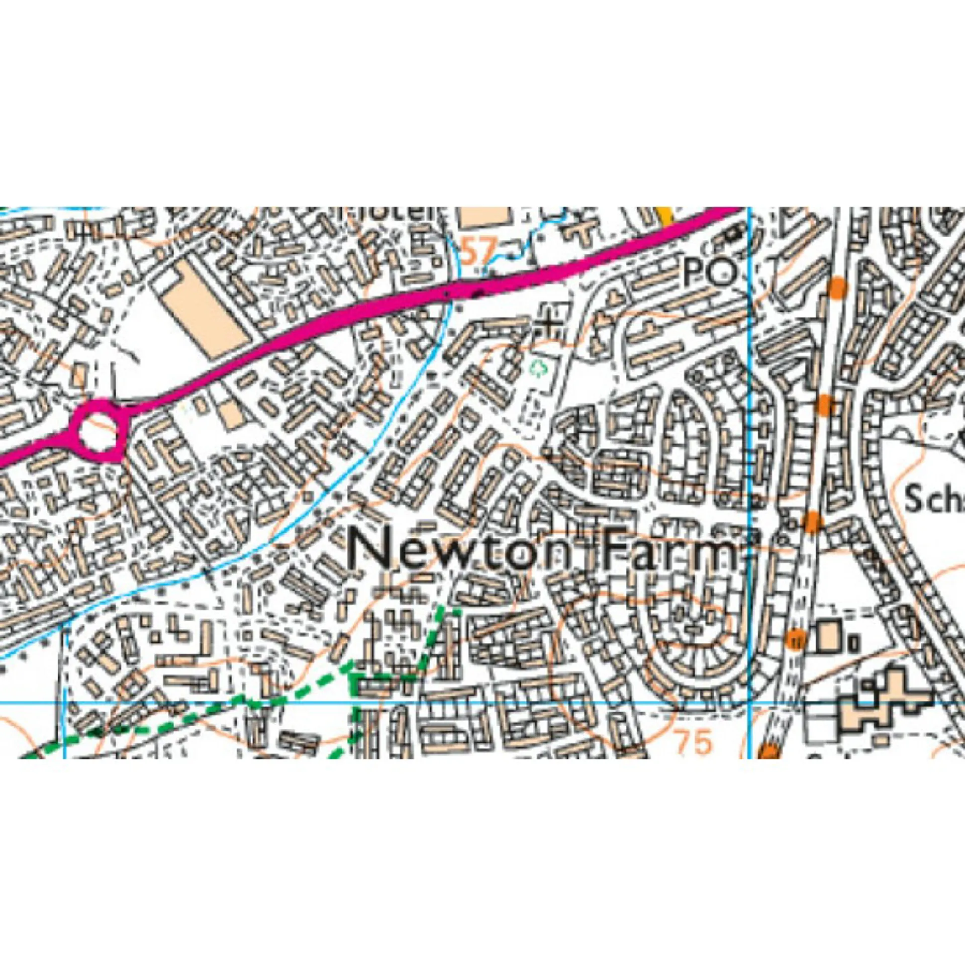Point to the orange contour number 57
[x=479, y=251]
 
